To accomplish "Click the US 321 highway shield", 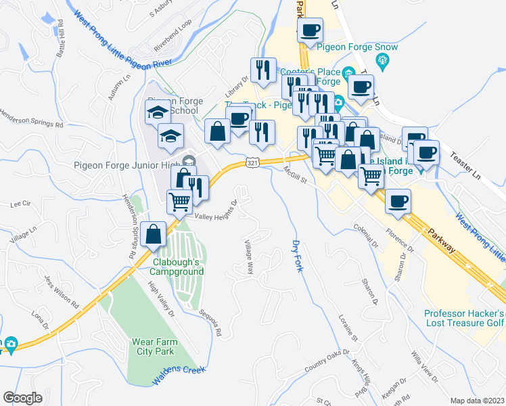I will coord(252,163).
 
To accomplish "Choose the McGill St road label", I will coord(296,175).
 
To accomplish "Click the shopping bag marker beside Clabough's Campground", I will coord(154,234).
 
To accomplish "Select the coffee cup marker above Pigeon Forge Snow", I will coord(310,30).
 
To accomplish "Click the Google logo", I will coord(22,397).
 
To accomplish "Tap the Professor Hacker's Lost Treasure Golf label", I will coord(464,319).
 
